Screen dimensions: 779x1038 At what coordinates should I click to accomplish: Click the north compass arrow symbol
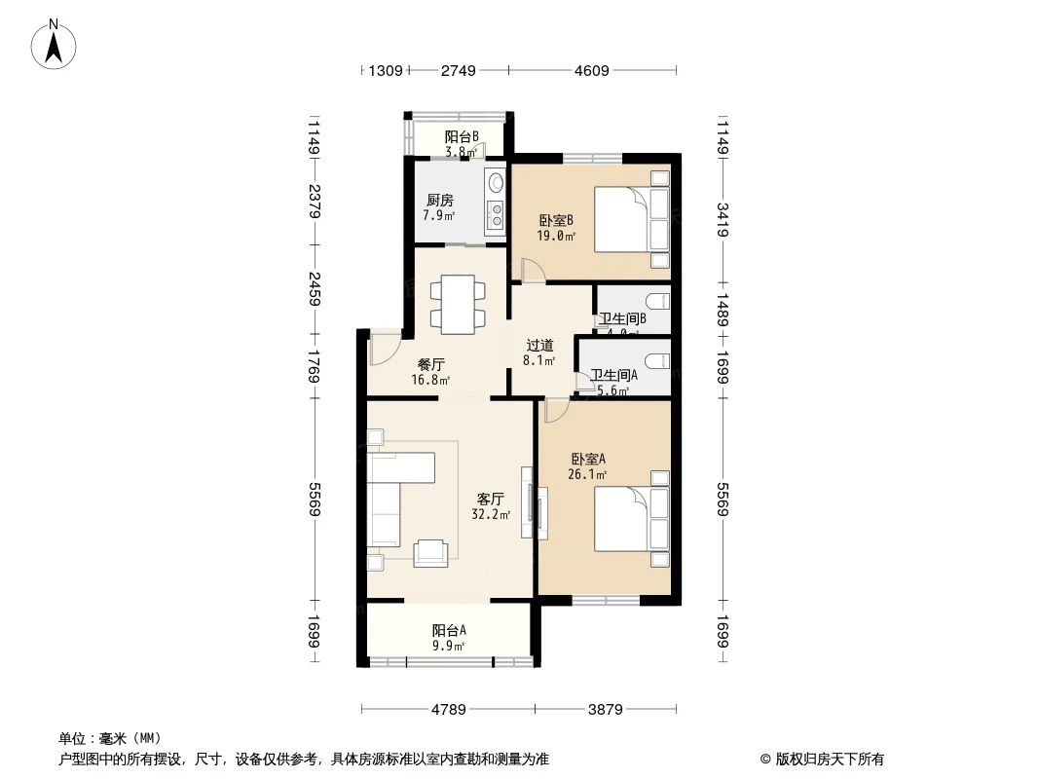coord(56,44)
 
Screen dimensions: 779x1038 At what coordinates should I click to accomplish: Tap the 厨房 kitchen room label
coord(439,201)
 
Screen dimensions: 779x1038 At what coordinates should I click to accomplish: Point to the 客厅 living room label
coord(490,499)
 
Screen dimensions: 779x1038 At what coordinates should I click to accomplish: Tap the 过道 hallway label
coord(540,345)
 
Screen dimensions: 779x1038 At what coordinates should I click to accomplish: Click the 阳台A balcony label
coord(448,629)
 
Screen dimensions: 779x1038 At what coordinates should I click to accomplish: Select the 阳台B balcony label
coord(461,137)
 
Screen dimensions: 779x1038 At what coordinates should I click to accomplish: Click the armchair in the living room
coord(431,552)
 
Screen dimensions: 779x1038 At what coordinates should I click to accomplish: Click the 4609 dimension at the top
coord(592,70)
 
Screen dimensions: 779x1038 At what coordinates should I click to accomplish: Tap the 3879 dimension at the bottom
coord(606,709)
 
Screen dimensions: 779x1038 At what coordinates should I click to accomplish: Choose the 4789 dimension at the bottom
coord(448,709)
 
